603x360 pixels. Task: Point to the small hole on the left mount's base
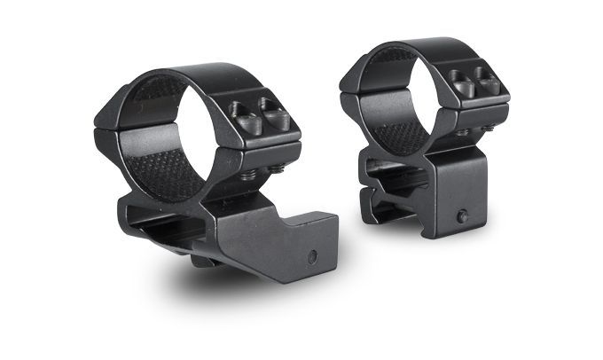312,256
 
